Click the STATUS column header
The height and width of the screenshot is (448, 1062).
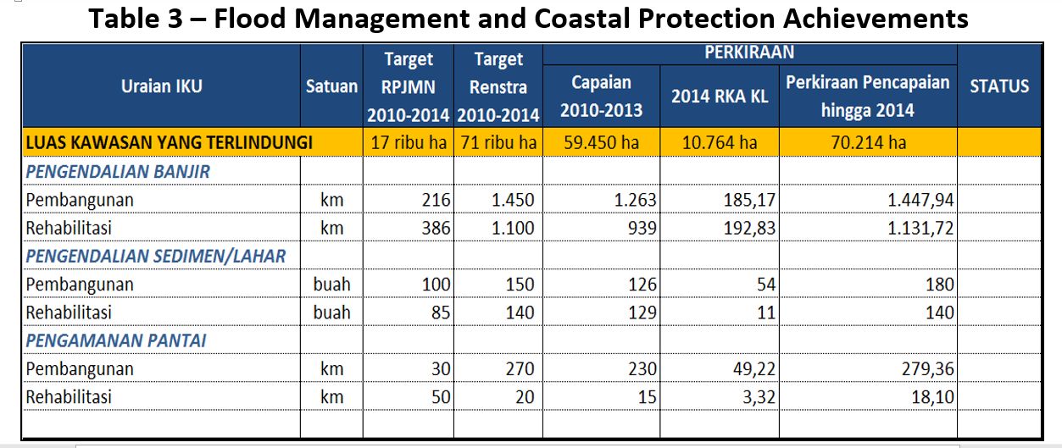999,86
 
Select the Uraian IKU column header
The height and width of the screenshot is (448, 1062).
162,86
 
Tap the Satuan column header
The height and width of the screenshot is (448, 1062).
331,86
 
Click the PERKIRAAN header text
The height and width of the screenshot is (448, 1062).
749,53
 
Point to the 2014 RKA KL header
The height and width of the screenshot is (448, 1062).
720,97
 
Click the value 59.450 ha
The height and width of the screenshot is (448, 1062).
602,142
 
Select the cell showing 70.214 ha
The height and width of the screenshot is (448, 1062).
868,142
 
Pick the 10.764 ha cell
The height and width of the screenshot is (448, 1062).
720,142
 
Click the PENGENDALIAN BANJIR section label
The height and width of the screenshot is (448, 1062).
118,172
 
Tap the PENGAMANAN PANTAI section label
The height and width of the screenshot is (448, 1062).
116,341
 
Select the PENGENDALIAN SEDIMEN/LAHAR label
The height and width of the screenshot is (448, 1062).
156,256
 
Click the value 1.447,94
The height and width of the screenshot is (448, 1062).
920,201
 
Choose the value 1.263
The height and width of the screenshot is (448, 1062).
634,201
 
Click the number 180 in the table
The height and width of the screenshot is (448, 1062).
939,285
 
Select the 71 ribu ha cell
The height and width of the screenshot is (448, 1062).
498,142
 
